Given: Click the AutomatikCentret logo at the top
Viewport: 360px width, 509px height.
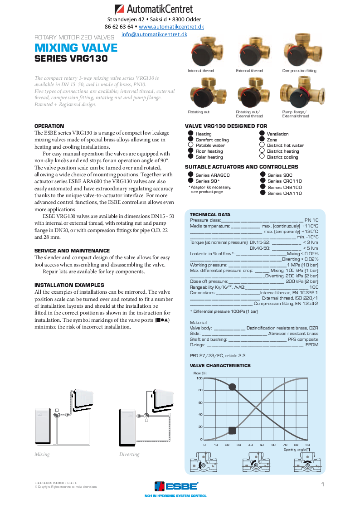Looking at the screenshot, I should [154, 9].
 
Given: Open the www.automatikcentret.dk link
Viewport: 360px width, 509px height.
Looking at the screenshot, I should [171, 27].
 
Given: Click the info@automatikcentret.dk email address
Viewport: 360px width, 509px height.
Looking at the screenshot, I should [154, 34].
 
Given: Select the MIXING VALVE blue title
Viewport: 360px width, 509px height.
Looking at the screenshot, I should [76, 48].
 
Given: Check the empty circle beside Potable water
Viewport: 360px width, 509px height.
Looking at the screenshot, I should [190, 145].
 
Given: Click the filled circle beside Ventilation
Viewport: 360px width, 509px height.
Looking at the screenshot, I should [262, 134].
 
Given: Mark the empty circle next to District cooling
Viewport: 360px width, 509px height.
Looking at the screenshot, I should [262, 157].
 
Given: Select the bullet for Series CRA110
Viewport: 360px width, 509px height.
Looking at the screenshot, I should [262, 193].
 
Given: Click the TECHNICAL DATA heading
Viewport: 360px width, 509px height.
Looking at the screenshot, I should [210, 214].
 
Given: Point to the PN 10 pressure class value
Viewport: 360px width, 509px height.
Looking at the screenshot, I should [311, 220].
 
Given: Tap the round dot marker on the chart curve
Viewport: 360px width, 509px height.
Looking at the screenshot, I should [232, 387].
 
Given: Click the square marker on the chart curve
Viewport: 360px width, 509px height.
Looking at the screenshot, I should [232, 431].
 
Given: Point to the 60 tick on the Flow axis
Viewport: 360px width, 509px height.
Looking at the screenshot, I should [200, 402].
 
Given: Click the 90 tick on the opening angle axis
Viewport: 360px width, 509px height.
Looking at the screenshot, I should [308, 445].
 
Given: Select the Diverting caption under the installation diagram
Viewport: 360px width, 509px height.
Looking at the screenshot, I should [129, 454].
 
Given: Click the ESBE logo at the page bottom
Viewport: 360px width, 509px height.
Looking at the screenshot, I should [176, 486].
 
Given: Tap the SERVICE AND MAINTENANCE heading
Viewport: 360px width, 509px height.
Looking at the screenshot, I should [72, 251].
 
